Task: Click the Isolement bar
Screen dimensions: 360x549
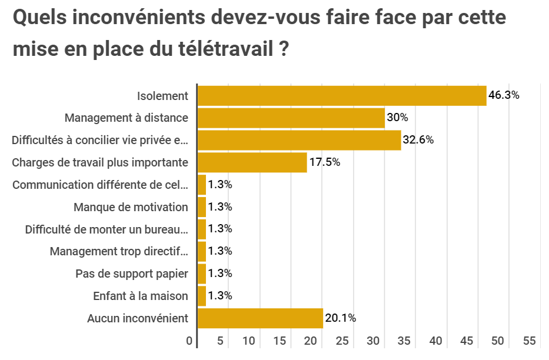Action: coord(342,96)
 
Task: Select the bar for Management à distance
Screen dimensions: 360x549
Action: coord(291,118)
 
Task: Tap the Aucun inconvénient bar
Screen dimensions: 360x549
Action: coord(260,318)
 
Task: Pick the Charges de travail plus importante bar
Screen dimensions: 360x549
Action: coord(252,162)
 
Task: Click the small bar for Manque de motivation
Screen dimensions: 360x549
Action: coord(202,207)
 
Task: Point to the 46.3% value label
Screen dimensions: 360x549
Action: coord(504,95)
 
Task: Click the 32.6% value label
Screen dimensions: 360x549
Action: coord(418,140)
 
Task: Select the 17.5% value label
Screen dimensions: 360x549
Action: coord(325,162)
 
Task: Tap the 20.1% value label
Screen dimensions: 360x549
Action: coord(341,318)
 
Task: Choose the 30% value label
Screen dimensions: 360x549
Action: coord(397,118)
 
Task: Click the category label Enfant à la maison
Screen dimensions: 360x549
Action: coord(141,296)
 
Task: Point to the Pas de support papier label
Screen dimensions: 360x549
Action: coord(132,274)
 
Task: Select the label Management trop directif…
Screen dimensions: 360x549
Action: coord(119,251)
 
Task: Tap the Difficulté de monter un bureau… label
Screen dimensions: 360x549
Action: coord(107,229)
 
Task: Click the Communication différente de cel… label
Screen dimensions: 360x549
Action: coord(100,185)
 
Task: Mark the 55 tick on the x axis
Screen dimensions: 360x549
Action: coord(529,341)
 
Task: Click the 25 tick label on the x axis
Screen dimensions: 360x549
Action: coord(342,341)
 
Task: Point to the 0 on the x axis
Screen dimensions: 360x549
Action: coord(189,341)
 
